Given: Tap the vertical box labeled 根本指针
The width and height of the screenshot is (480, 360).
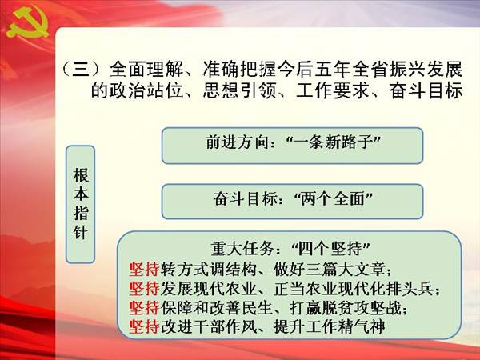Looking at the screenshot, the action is click(x=81, y=204).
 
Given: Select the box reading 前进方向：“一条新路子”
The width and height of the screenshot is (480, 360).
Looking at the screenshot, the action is click(x=292, y=146).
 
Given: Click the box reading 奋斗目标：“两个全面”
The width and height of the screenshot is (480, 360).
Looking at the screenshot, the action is click(x=292, y=202).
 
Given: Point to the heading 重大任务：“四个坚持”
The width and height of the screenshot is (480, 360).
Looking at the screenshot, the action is click(x=290, y=249).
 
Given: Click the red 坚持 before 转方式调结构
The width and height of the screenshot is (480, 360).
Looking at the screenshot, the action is click(x=144, y=270).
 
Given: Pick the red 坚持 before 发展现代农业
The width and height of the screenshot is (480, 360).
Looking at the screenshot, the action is click(x=144, y=288).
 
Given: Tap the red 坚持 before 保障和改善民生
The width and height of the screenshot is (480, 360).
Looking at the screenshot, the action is click(x=144, y=308).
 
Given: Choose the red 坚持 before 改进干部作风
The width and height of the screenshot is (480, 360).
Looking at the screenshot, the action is click(x=144, y=326).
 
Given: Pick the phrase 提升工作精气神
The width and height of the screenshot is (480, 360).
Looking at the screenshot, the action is click(x=330, y=326).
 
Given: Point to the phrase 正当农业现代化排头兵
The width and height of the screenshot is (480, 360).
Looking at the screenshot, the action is click(x=354, y=288).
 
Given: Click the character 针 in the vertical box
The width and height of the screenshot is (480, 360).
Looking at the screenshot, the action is click(x=81, y=233).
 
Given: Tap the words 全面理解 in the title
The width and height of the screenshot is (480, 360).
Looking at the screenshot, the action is click(x=146, y=69).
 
